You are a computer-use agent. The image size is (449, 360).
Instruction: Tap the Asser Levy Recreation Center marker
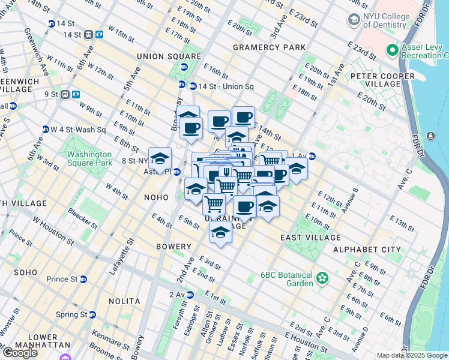(x=393, y=50)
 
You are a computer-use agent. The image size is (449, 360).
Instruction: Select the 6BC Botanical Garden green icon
(x=323, y=278)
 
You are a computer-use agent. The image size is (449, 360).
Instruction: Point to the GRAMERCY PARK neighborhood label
(x=269, y=47)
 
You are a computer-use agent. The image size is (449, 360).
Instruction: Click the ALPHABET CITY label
(x=367, y=250)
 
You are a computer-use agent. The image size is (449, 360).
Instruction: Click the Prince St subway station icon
(x=83, y=279)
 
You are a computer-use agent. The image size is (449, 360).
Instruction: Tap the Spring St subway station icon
(x=92, y=314)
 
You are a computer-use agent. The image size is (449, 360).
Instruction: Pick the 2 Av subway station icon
(x=190, y=295)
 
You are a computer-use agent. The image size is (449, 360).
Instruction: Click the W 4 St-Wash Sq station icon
(x=45, y=130)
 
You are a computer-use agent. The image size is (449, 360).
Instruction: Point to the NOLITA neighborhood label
(x=124, y=301)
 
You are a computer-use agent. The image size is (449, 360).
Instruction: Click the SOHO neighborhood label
(x=26, y=272)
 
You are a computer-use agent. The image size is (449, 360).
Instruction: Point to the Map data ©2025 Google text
(x=412, y=355)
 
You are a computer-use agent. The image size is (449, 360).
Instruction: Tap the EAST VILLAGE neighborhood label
(x=310, y=238)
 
